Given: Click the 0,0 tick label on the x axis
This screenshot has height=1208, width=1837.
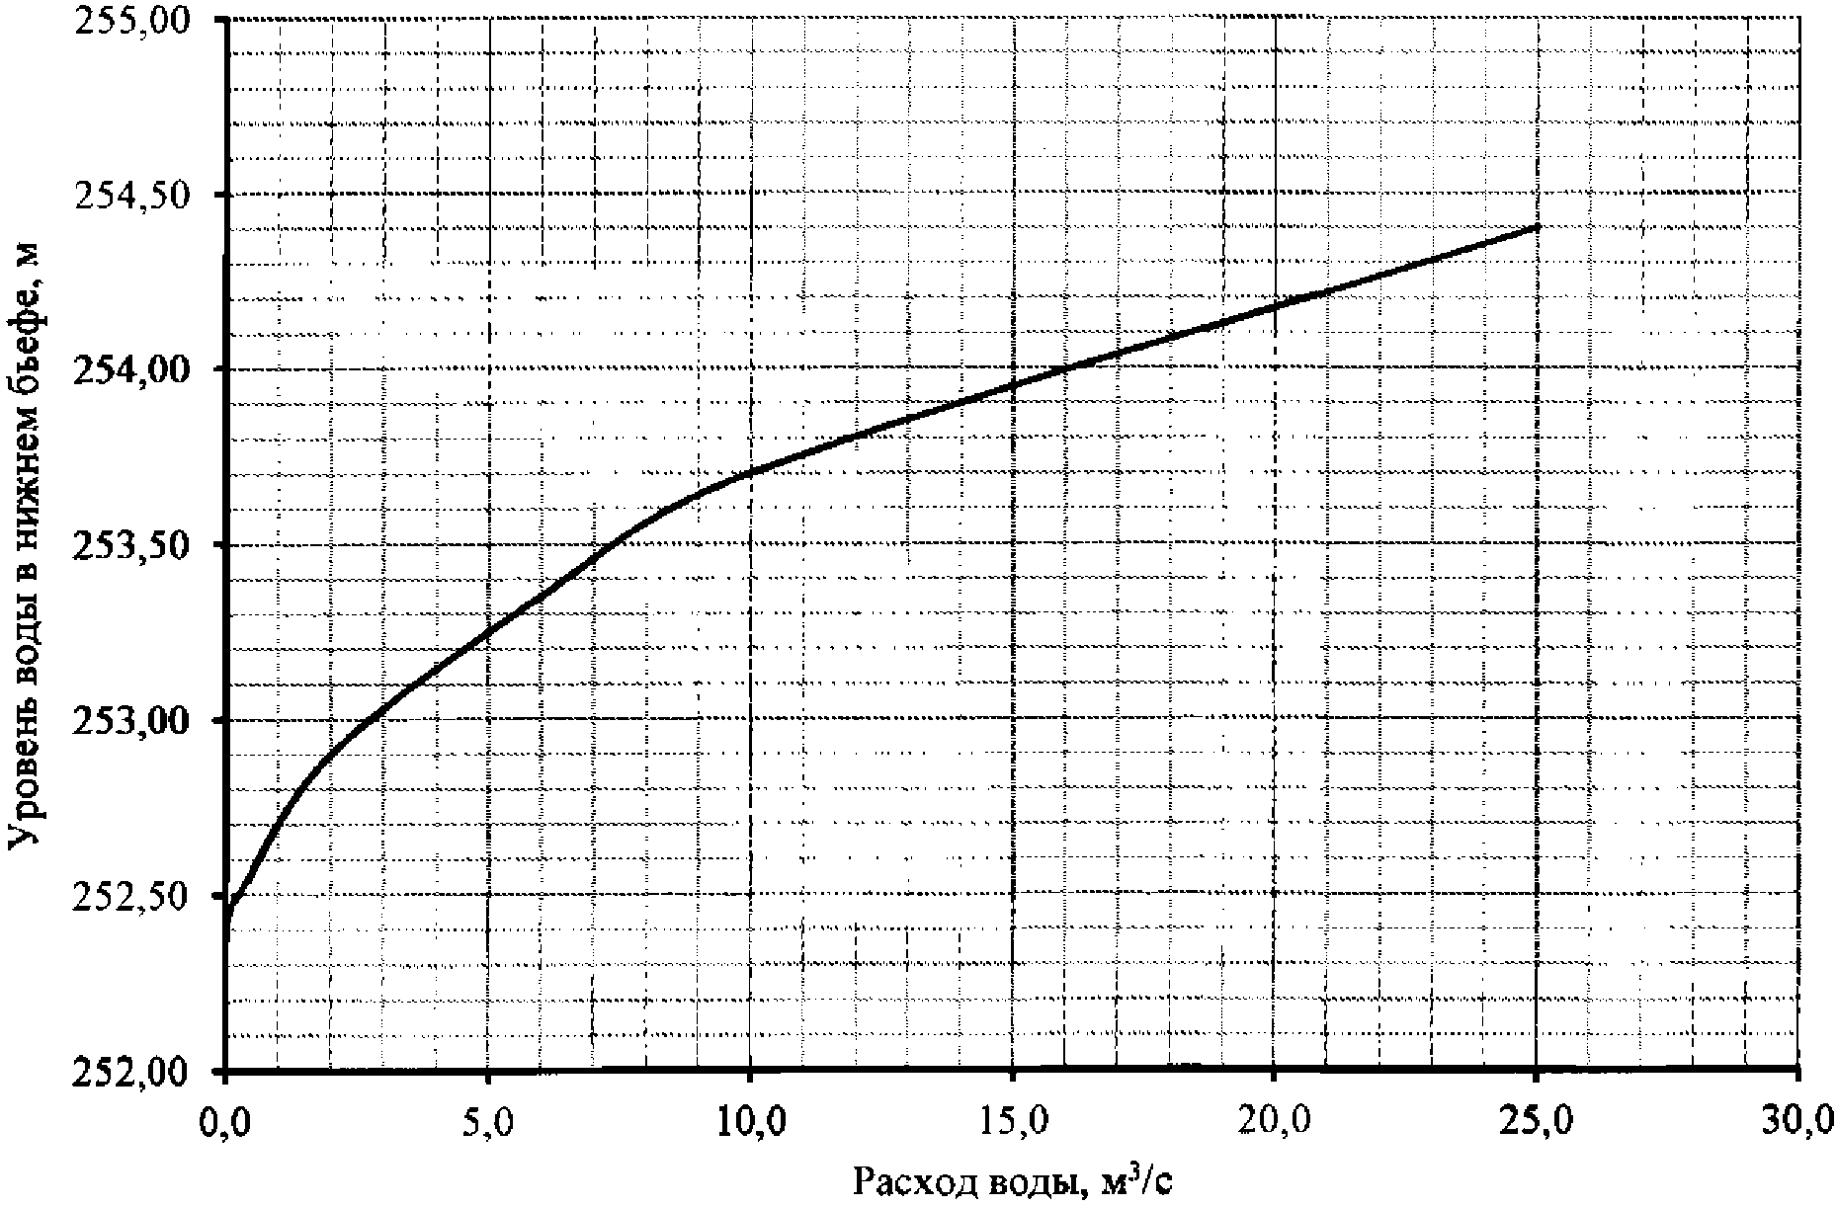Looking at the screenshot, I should (x=227, y=1121).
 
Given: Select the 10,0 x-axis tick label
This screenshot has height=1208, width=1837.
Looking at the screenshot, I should (x=751, y=1121).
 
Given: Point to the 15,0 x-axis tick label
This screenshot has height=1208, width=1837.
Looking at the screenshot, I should (x=1013, y=1121).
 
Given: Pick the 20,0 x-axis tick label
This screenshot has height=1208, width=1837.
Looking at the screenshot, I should (x=1275, y=1121).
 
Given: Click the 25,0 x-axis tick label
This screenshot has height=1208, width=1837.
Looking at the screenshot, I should (x=1537, y=1121).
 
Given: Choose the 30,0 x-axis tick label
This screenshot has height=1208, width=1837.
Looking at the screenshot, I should (x=1798, y=1121).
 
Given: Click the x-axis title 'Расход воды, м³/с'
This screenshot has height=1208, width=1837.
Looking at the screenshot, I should (x=1013, y=1181).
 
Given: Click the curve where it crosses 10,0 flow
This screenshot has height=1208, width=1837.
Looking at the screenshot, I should (x=751, y=472).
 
